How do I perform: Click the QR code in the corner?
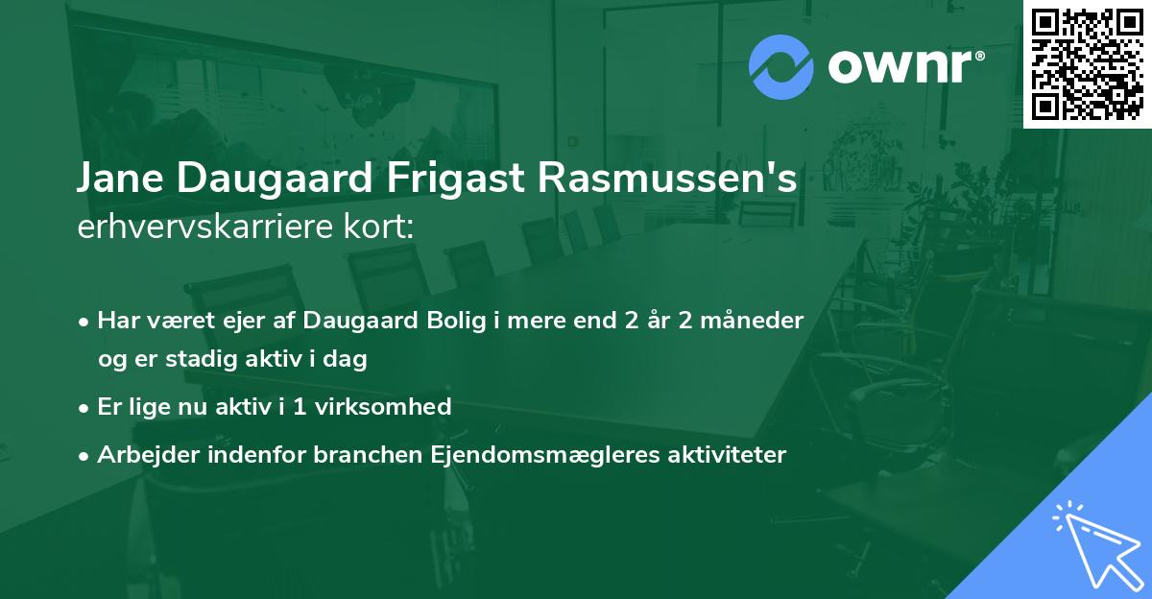tap(1087, 63)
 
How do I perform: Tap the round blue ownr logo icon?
tap(780, 67)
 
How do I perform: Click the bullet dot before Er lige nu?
tap(85, 407)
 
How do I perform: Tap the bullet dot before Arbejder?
tap(85, 455)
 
